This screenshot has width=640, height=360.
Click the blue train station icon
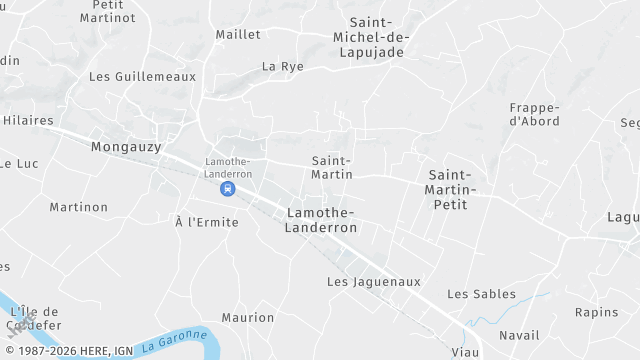tap(229, 188)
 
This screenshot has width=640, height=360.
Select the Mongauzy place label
tap(126, 147)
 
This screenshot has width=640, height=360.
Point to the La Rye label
tap(282, 66)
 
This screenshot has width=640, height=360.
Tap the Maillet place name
tap(238, 34)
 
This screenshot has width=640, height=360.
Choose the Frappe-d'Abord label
tap(534, 114)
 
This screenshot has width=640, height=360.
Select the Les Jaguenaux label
tap(374, 282)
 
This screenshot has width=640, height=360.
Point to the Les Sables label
tap(481, 294)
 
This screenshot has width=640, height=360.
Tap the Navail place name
tap(518, 335)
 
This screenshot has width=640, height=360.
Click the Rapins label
tap(596, 312)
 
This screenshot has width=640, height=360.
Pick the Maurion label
tap(248, 318)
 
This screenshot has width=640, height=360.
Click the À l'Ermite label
tap(207, 222)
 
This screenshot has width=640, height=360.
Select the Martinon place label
tap(79, 207)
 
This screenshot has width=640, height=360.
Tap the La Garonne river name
tap(174, 341)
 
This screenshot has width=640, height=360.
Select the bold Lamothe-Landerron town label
tap(322, 220)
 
